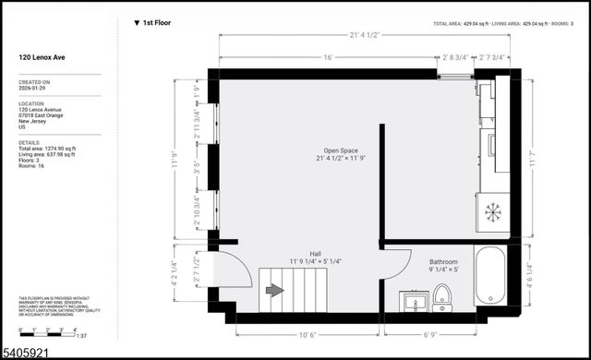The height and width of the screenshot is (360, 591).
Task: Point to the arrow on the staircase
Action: (274, 290)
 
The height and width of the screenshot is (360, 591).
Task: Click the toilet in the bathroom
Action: (442, 295)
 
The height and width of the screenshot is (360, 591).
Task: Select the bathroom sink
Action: (414, 301)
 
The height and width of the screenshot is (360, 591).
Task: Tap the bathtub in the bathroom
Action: (489, 275)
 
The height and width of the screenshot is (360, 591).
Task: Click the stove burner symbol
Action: (493, 211)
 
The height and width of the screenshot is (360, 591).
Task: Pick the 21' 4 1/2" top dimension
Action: (365, 36)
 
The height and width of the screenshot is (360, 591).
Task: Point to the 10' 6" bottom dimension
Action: (308, 335)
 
